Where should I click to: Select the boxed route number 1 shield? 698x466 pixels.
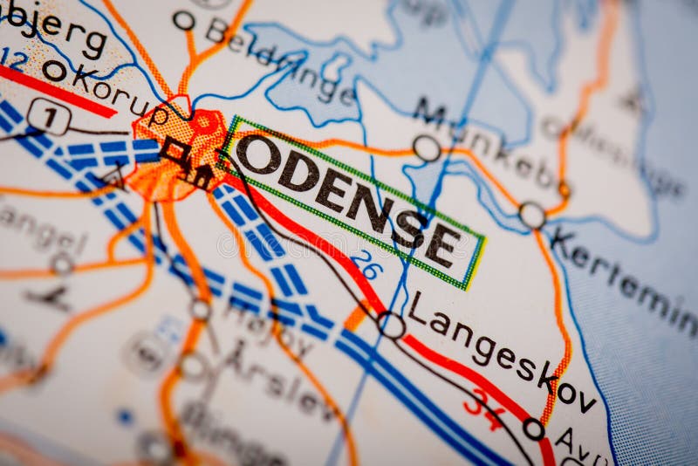pos(48,116)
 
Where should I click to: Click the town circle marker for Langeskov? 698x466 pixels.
pos(391,325)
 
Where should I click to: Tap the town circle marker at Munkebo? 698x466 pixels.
pos(427,148)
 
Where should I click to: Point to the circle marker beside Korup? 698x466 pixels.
pos(54,70)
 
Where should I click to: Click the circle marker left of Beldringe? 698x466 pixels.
pos(184,20)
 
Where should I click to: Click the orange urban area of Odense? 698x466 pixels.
pos(179,153)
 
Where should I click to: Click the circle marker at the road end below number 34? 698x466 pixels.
pos(533,428)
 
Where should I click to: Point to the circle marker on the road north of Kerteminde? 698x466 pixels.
pos(531,215)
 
